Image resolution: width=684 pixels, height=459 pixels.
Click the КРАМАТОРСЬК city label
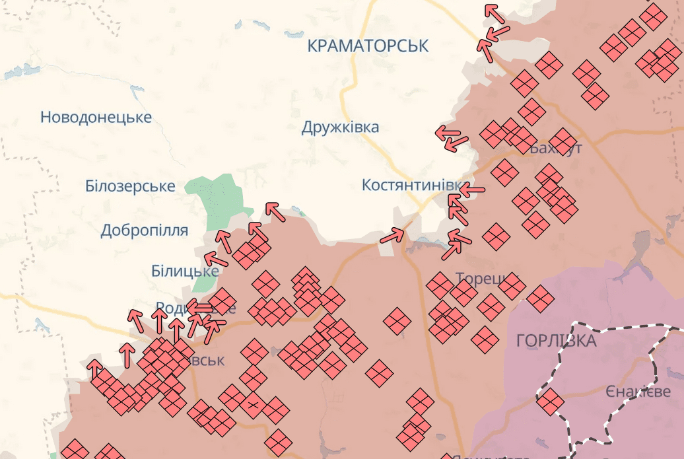tap(368, 46)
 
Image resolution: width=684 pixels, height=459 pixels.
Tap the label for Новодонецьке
tap(96, 118)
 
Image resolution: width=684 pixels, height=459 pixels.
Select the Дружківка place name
tap(340, 127)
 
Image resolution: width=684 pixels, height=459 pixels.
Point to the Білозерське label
tap(130, 186)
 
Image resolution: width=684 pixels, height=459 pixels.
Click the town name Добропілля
tap(144, 230)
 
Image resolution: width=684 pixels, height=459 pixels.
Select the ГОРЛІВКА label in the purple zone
tap(556, 341)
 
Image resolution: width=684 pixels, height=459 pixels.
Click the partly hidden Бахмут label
tap(556, 148)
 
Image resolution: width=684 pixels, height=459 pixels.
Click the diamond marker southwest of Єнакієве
tap(550, 401)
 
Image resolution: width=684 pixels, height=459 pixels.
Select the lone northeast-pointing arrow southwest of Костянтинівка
tap(392, 235)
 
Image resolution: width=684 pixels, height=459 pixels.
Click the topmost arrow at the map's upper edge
tap(493, 11)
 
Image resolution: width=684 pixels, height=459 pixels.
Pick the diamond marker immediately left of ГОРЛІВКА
tap(485, 339)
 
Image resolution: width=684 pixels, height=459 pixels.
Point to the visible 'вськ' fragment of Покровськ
tap(206, 361)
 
